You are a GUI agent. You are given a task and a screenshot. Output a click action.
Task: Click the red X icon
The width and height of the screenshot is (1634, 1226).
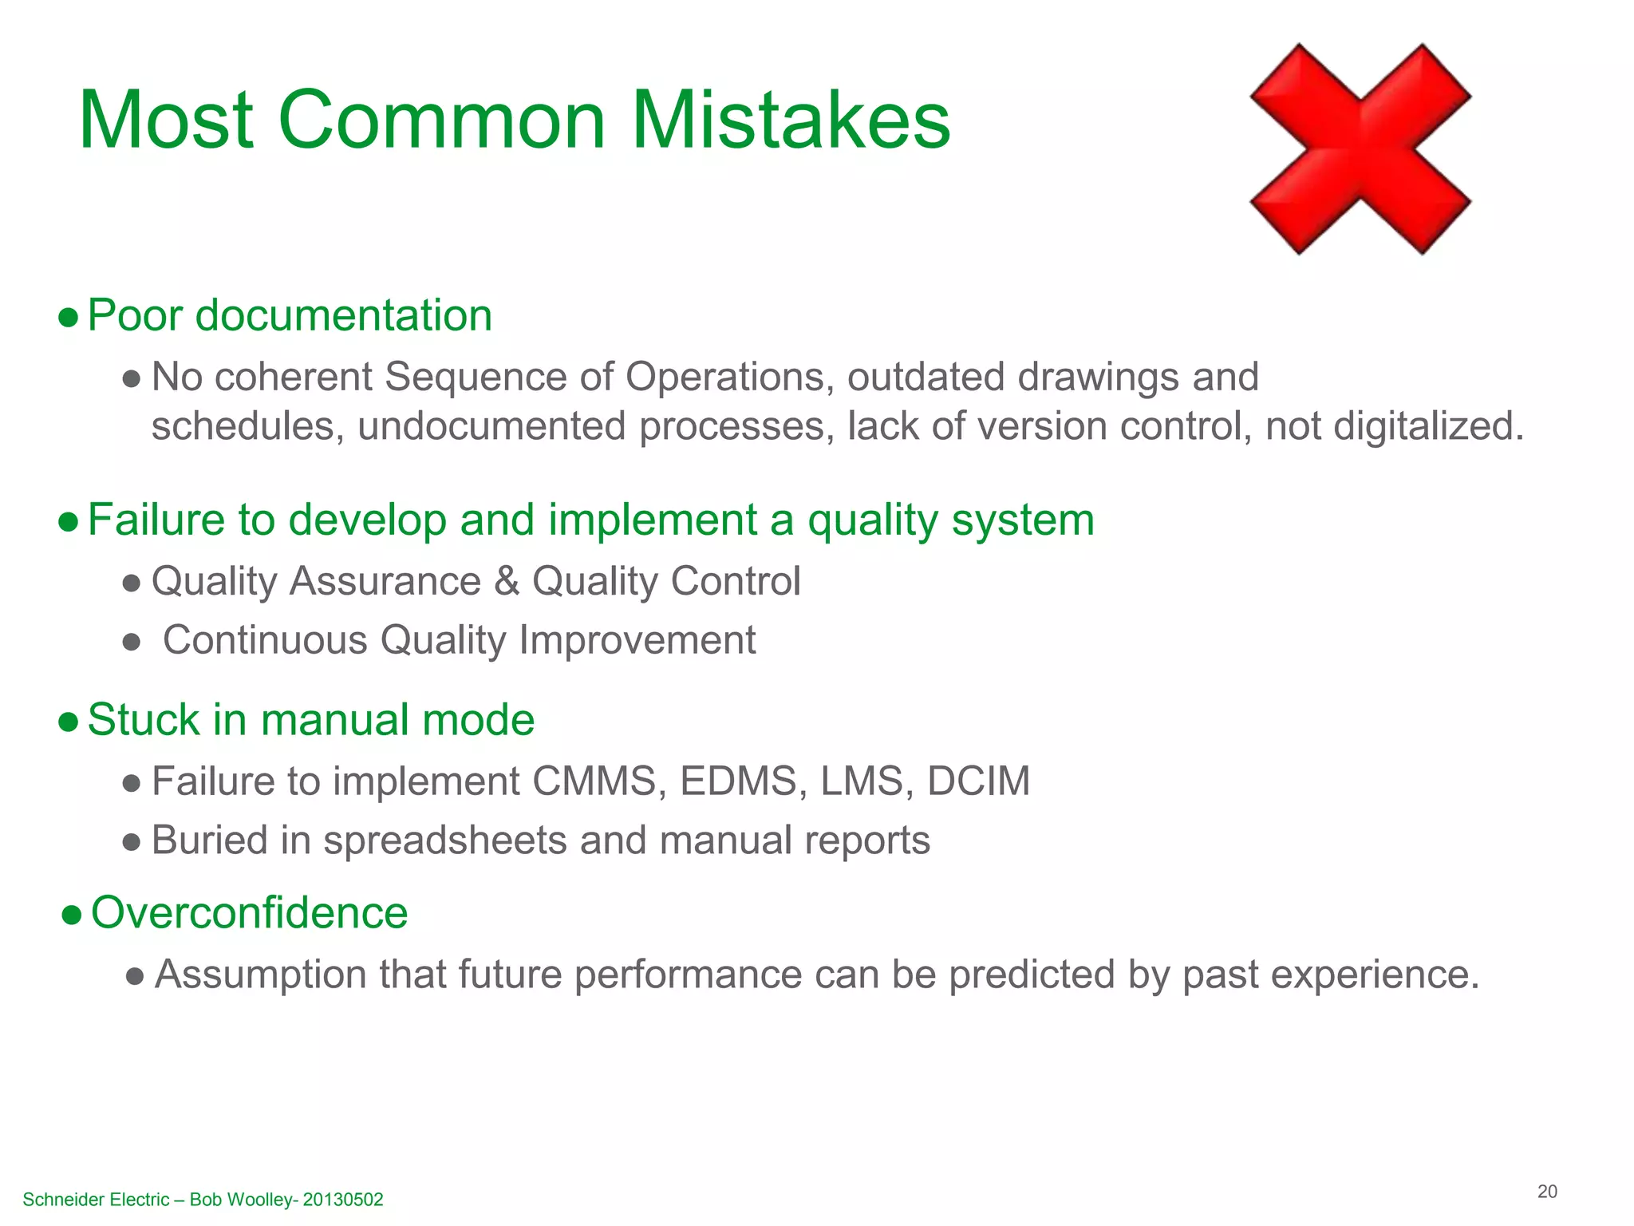pos(1360,149)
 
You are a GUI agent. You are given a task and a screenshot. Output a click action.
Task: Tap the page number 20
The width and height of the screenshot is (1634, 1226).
pos(1547,1192)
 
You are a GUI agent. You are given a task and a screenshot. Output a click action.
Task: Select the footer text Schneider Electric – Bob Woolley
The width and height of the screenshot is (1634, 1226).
pos(203,1200)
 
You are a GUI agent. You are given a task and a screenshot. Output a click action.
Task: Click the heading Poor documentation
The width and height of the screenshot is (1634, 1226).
pos(289,315)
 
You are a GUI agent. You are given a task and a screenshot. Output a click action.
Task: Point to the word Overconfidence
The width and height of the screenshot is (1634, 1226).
pos(249,912)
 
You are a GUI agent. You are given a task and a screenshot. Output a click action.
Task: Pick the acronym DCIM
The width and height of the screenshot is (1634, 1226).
pos(978,781)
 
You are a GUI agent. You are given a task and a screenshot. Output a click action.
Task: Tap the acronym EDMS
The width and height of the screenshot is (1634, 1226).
pos(738,781)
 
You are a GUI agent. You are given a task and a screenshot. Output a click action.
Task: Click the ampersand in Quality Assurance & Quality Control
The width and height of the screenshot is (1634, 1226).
pos(507,581)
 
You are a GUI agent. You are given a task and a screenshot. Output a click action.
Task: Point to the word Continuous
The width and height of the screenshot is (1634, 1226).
pos(265,640)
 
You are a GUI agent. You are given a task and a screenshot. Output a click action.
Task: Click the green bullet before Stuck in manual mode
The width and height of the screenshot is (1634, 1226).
pos(69,722)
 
